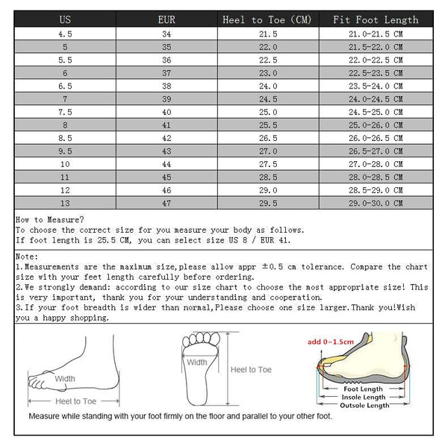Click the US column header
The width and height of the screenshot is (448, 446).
point(65,19)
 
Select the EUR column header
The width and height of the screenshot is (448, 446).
point(167,19)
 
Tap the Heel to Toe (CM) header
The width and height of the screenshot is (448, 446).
point(267,19)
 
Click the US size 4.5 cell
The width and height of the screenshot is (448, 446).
point(65,34)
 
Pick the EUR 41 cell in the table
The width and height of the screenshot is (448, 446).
point(167,125)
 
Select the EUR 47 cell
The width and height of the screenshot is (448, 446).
point(167,203)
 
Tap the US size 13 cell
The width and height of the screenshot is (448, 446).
point(65,203)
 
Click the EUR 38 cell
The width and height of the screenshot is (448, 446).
point(167,86)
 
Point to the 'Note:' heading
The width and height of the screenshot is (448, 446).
point(28,256)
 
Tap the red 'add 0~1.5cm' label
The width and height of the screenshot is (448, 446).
point(330,342)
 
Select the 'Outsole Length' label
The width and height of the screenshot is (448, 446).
point(364,405)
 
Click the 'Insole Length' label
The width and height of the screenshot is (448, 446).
point(364,397)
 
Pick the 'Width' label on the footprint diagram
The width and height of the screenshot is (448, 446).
point(197,362)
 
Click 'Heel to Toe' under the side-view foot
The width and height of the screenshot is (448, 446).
point(74,401)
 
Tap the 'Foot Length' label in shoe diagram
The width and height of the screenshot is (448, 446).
point(364,389)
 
